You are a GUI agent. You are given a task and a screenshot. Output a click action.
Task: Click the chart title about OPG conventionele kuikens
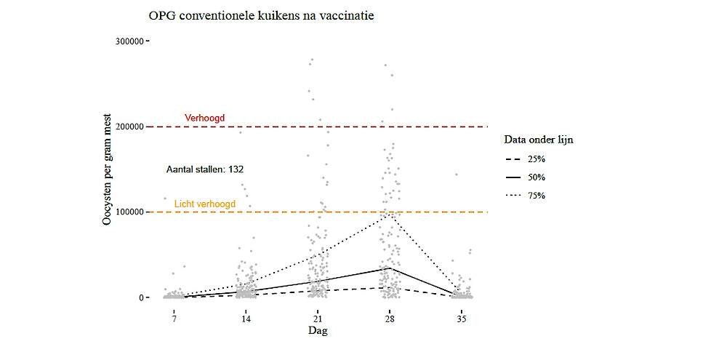tap(261, 15)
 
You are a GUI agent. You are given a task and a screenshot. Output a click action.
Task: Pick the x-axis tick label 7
tap(174, 319)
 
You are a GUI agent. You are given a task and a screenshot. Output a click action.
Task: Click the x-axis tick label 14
tap(246, 319)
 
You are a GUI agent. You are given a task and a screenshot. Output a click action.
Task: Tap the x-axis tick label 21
tap(318, 319)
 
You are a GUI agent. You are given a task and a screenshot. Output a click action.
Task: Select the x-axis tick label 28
tap(390, 319)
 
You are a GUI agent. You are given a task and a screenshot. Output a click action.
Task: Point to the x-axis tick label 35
tap(462, 319)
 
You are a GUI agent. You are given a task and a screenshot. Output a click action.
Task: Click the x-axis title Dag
tap(318, 332)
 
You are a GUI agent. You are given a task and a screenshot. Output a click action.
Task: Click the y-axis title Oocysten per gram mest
tap(107, 169)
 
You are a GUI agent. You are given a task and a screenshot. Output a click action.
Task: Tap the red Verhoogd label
tap(205, 118)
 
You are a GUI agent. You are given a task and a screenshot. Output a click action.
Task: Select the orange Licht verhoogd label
tap(205, 204)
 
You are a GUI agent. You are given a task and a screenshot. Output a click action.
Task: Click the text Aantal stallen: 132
tap(205, 169)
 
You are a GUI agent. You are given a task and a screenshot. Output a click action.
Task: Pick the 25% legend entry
tap(537, 158)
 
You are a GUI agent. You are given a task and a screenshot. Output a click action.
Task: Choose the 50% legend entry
tap(537, 177)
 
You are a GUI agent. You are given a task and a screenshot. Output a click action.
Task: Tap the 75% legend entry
tap(537, 196)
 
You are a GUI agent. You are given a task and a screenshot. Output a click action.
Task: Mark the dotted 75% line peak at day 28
tap(390, 214)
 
